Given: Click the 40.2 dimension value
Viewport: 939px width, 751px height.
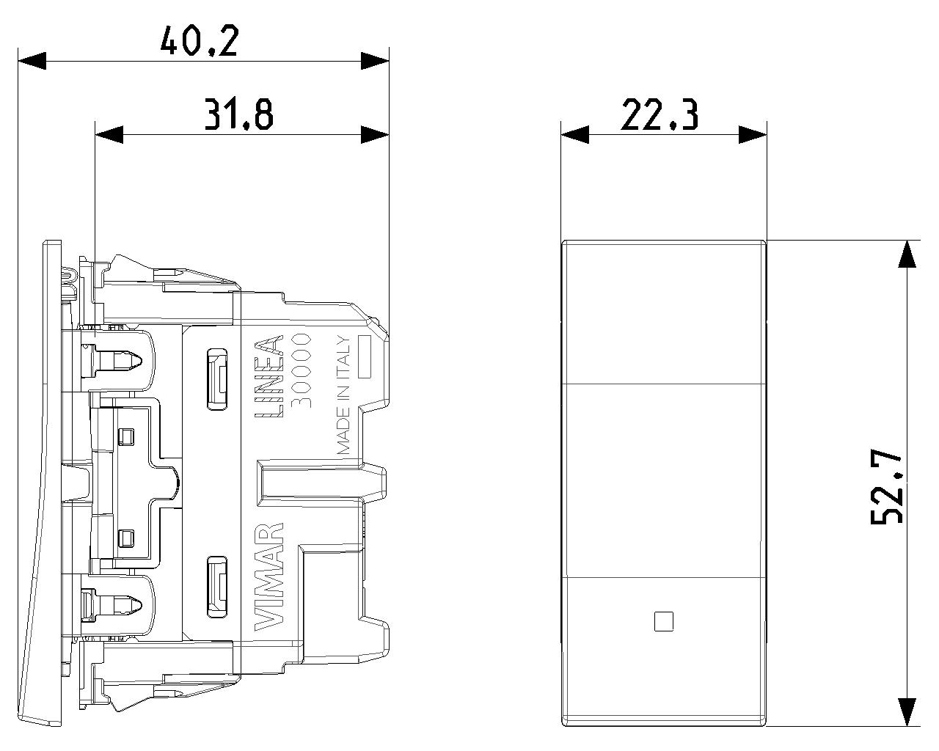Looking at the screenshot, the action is pyautogui.click(x=200, y=41).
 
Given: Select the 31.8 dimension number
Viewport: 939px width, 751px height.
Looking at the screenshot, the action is pyautogui.click(x=239, y=114).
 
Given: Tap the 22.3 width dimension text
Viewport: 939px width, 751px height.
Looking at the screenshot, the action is pyautogui.click(x=660, y=115).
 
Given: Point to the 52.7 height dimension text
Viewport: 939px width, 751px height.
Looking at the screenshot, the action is pyautogui.click(x=887, y=488).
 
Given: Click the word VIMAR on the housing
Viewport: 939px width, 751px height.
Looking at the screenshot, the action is pyautogui.click(x=268, y=577).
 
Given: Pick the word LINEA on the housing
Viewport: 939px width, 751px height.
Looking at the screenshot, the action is pyautogui.click(x=268, y=375).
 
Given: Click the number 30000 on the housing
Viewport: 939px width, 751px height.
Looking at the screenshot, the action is pyautogui.click(x=301, y=370).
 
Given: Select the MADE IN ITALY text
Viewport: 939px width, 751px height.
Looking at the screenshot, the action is pyautogui.click(x=344, y=395).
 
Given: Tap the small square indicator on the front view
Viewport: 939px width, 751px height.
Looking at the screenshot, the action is pyautogui.click(x=664, y=621).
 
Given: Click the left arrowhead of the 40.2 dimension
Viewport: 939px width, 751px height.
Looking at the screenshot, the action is pyautogui.click(x=32, y=61).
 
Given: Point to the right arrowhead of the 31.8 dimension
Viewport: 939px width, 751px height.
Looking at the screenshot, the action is pyautogui.click(x=375, y=135).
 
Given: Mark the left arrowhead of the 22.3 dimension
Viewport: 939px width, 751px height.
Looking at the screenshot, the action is pyautogui.click(x=574, y=135).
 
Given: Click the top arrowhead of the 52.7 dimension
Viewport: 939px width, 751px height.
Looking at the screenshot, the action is pyautogui.click(x=907, y=254).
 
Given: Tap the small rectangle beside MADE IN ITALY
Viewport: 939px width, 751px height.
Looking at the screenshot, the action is pyautogui.click(x=365, y=356).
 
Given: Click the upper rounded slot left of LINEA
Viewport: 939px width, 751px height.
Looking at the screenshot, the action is pyautogui.click(x=217, y=379).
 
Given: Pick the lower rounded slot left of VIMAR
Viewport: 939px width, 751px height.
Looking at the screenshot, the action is pyautogui.click(x=217, y=587).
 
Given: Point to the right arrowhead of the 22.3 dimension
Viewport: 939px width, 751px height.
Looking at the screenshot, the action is pyautogui.click(x=753, y=135).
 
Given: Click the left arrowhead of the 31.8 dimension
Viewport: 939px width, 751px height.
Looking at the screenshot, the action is pyautogui.click(x=109, y=135).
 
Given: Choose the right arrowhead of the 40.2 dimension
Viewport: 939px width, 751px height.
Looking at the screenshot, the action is pyautogui.click(x=375, y=61).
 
